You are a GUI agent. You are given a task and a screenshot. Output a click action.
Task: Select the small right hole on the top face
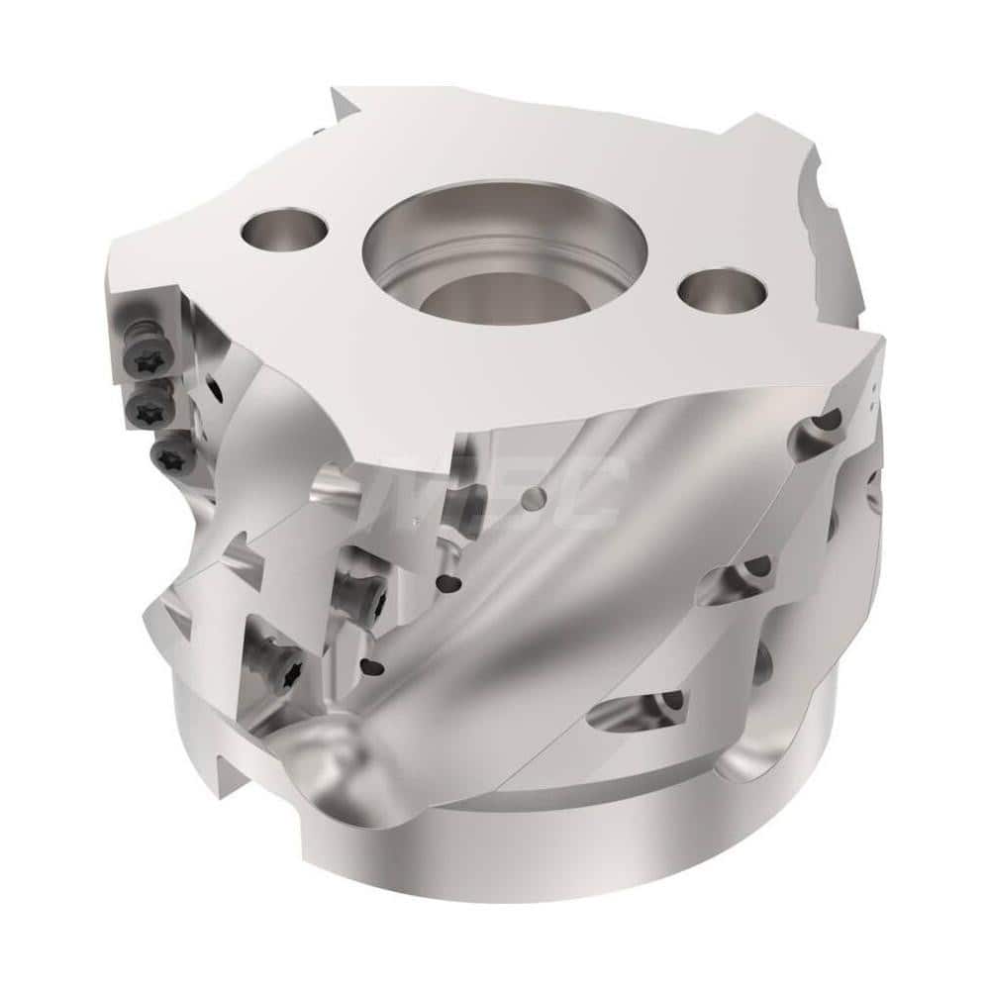click(723, 294)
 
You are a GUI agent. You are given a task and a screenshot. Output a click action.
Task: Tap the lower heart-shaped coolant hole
click(376, 666)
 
